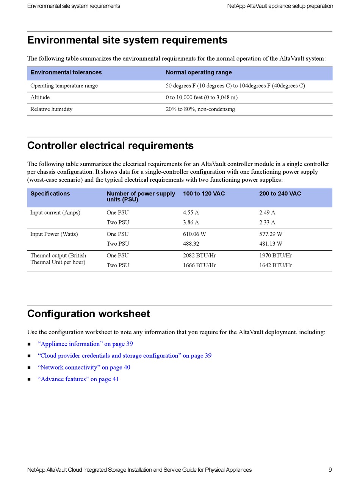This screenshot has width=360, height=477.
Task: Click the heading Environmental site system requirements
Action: coord(127,40)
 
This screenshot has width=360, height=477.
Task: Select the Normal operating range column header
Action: coord(199,72)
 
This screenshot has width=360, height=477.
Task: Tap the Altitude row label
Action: coord(40,97)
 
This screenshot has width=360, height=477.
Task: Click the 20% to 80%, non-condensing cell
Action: coord(200,109)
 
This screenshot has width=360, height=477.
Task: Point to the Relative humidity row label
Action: coord(51,109)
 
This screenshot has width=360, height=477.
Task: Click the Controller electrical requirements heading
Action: coord(110,146)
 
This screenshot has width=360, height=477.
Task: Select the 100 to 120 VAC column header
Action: coord(203,193)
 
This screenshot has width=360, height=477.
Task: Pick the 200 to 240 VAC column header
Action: coord(280,193)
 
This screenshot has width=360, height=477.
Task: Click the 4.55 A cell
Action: coord(191,212)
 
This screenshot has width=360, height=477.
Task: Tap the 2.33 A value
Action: coord(267,222)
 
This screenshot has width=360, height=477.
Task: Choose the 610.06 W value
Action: coord(194,234)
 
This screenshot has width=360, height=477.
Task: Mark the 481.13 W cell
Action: coord(271,244)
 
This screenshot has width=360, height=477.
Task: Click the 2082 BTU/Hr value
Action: coord(199,256)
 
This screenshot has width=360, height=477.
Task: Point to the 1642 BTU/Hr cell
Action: coord(275,265)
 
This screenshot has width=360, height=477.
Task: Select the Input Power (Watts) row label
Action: coord(54,234)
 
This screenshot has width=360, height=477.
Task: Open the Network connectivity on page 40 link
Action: coord(84,367)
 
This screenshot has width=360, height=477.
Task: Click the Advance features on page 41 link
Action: coord(78,379)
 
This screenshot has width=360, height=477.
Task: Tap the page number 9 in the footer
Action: coord(330,470)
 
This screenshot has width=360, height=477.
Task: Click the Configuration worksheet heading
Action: coord(89,314)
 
